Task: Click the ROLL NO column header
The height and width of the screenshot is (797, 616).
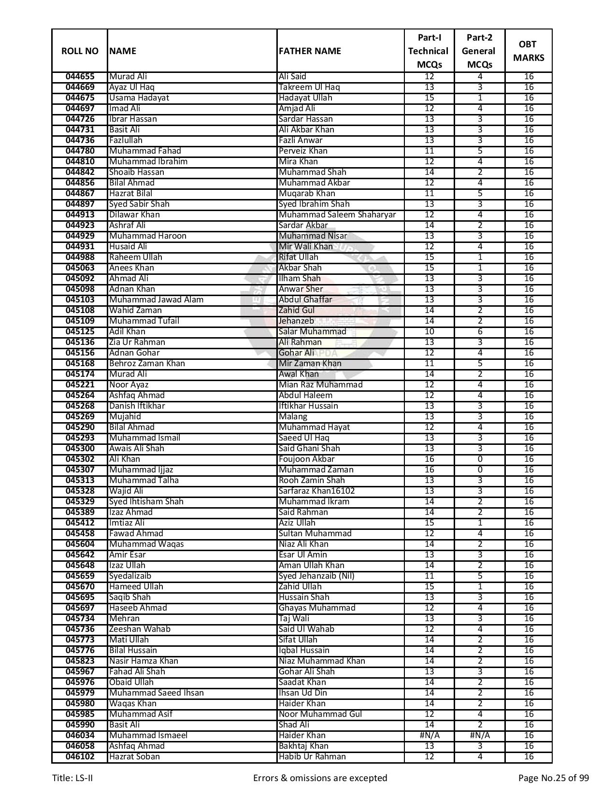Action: pos(80,51)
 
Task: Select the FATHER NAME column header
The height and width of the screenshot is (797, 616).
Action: pos(310,51)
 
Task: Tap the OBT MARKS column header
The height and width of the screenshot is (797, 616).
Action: pos(528,51)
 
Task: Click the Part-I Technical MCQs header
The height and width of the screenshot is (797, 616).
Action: pos(429,51)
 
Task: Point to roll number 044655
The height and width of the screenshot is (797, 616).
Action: pos(80,77)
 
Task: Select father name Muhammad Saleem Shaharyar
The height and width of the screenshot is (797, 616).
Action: pos(337,215)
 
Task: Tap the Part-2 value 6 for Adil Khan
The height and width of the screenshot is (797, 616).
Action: pos(480,332)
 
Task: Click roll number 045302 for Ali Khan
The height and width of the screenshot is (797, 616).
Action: pos(80,459)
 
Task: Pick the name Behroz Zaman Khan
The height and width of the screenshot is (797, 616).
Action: pos(147,364)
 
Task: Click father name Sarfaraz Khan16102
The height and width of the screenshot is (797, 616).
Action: pos(316,491)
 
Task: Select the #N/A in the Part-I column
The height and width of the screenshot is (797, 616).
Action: pos(429,736)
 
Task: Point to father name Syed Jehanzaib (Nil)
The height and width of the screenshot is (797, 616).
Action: pos(316,576)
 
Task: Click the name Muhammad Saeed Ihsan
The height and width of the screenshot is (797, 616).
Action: pos(156,693)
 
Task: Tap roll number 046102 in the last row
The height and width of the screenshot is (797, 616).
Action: pos(80,757)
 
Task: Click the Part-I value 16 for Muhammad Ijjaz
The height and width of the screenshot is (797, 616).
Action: pos(429,470)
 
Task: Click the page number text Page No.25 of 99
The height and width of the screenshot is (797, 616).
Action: pos(553,778)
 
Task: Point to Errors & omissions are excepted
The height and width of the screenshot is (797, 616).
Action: pos(320,778)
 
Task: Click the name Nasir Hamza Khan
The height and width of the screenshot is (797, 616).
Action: pos(143,661)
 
